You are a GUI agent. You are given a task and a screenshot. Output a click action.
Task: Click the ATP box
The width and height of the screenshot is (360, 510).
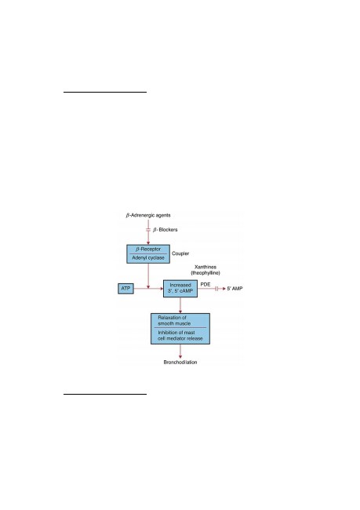[125, 289]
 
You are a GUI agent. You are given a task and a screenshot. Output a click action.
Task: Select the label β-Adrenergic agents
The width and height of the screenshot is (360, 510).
[148, 215]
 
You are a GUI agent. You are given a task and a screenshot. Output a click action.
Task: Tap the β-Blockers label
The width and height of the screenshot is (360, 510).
[165, 230]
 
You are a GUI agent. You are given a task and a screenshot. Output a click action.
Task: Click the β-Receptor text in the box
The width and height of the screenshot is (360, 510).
[148, 250]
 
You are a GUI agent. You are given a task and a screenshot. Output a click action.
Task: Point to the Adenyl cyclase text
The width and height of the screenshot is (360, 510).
[148, 257]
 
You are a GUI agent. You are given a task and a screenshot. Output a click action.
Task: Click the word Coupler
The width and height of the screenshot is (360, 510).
[180, 253]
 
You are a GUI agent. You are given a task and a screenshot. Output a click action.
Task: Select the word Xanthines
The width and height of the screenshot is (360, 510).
[205, 267]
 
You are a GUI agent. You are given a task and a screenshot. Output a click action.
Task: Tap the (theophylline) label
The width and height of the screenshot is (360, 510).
[205, 273]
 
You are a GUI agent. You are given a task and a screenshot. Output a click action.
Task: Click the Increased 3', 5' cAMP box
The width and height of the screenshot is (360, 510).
[180, 289]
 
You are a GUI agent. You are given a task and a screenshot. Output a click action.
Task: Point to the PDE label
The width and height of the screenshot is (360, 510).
[205, 284]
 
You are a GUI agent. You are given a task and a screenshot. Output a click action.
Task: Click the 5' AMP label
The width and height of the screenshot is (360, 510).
[235, 289]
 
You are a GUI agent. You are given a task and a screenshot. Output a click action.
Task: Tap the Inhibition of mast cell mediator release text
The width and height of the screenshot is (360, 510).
[180, 335]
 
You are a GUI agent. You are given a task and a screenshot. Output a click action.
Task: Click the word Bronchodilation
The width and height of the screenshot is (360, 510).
[180, 362]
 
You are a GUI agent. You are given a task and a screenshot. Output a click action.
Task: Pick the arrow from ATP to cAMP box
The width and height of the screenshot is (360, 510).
[148, 289]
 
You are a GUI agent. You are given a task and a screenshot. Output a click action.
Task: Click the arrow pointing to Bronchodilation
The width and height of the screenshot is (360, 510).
[180, 352]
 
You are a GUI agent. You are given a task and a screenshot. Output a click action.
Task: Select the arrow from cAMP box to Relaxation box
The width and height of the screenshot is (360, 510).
[180, 305]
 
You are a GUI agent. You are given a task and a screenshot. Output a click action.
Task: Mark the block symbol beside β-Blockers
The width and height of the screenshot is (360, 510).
[148, 230]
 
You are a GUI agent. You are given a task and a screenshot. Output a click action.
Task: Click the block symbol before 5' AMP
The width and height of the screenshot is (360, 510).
[216, 289]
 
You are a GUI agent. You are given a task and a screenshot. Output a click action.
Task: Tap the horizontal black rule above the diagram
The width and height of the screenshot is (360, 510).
[105, 92]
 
